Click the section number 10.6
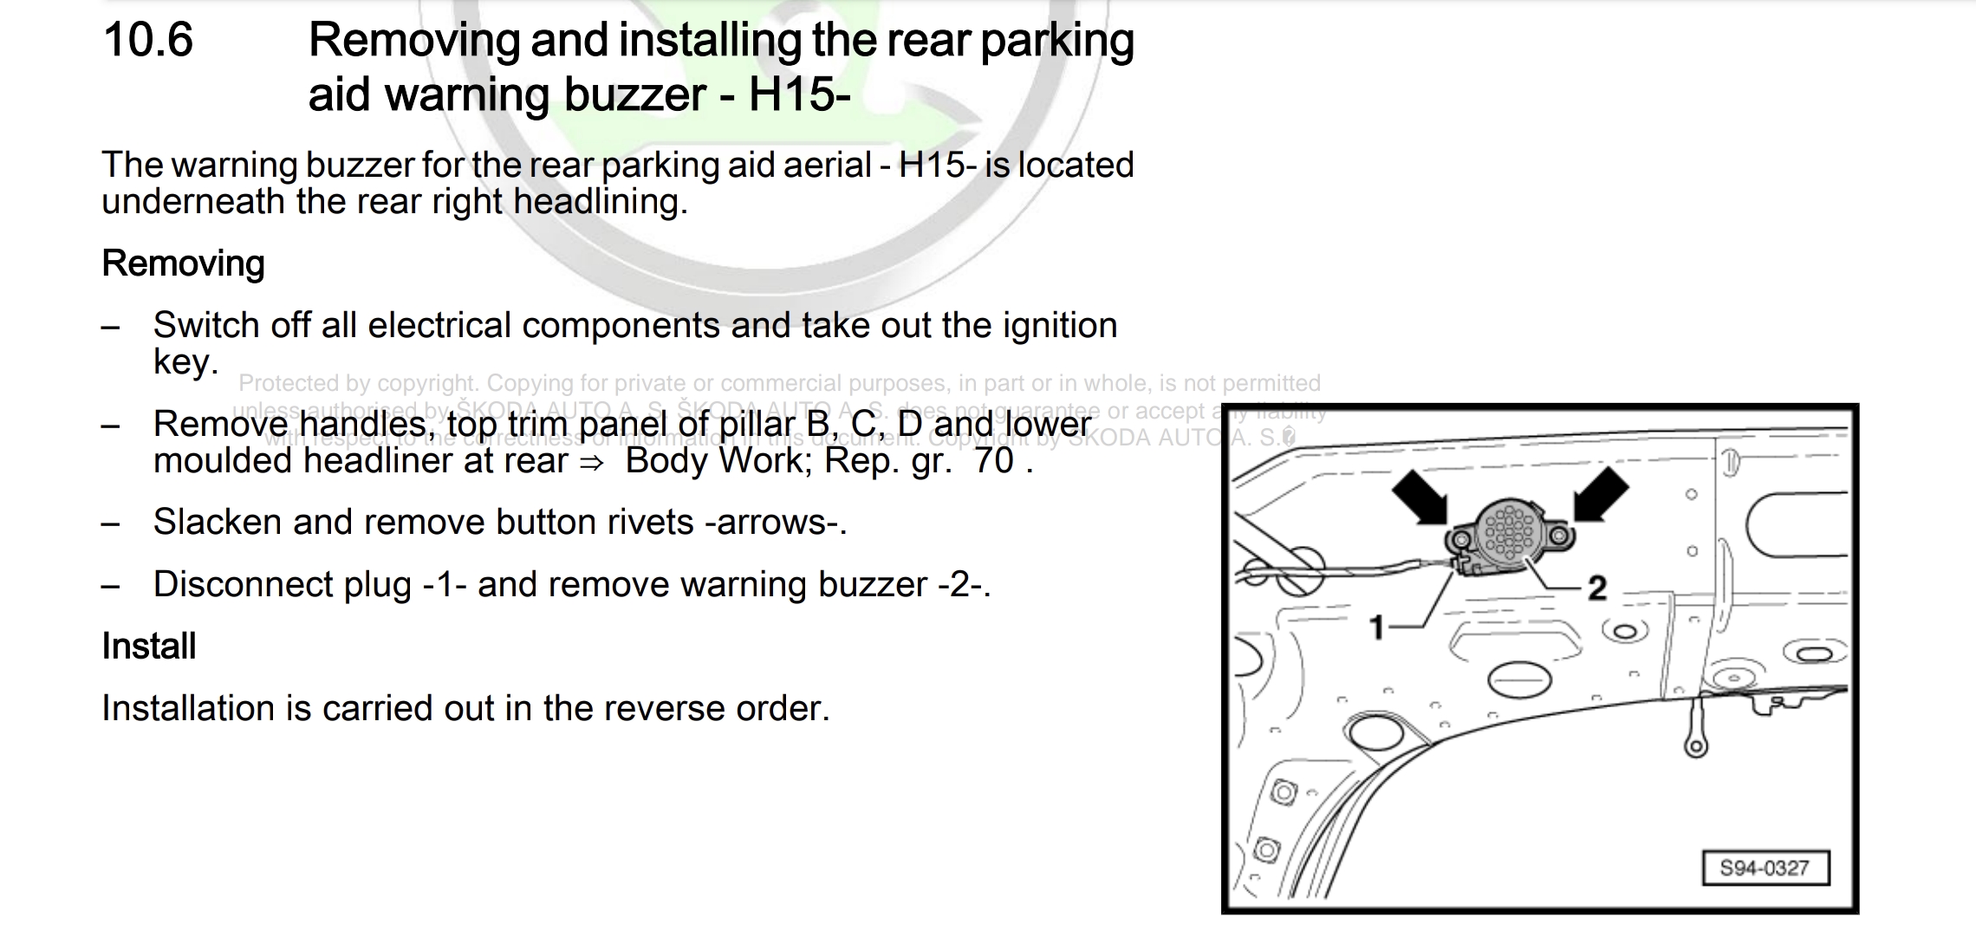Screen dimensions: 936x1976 (147, 41)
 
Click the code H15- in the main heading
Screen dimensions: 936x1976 (798, 94)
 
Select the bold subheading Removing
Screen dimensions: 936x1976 (183, 263)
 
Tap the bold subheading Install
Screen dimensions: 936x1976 (148, 647)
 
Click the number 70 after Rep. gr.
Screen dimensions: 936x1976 (993, 461)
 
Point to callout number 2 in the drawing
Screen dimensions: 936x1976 (1596, 588)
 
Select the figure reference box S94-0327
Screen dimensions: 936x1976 (1765, 868)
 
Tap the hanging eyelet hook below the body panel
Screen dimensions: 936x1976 (1695, 744)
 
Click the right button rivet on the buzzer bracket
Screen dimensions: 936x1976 (1561, 536)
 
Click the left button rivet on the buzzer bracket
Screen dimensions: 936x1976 (1460, 542)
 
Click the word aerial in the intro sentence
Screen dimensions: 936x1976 (827, 166)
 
